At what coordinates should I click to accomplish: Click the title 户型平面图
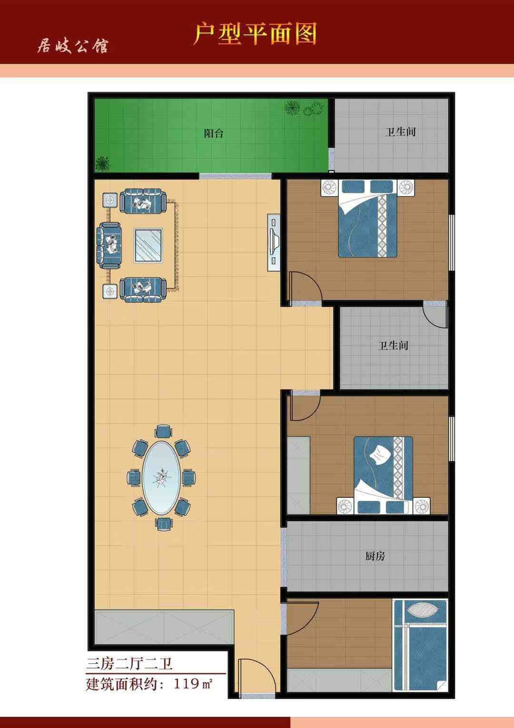[255, 34]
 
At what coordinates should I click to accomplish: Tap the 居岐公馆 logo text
[72, 46]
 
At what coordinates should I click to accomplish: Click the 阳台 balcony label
[214, 133]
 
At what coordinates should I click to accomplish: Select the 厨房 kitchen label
[375, 556]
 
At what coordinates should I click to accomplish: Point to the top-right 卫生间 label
[400, 132]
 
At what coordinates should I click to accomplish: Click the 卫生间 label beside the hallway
[393, 345]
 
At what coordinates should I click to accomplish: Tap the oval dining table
[161, 478]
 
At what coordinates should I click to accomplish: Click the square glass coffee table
[148, 245]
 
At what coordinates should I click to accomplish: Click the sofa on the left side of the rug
[109, 245]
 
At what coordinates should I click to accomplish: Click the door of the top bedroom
[304, 287]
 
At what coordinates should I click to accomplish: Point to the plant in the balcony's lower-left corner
[103, 163]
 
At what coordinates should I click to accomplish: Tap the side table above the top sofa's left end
[110, 199]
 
